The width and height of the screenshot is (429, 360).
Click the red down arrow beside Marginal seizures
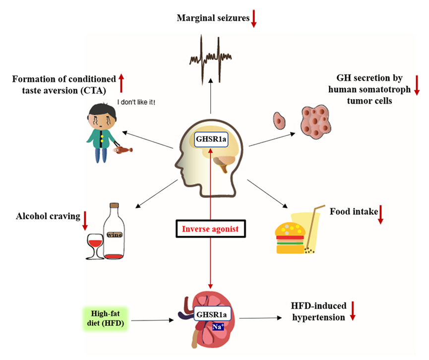click(253, 18)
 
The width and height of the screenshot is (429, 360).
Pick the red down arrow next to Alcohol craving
click(85, 220)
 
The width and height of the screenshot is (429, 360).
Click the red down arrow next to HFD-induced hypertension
click(353, 310)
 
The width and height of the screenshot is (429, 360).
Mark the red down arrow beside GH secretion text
click(416, 85)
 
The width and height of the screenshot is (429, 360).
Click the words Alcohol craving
click(48, 216)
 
